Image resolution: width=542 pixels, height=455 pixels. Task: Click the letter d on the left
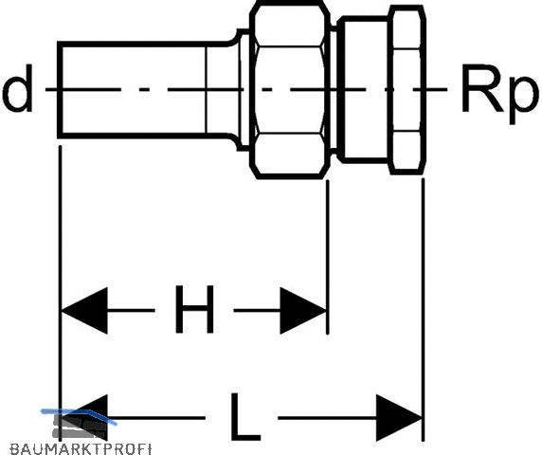pyautogui.click(x=17, y=88)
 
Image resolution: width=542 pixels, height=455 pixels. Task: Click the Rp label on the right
pyautogui.click(x=499, y=93)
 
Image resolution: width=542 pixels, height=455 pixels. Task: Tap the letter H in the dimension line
pyautogui.click(x=194, y=309)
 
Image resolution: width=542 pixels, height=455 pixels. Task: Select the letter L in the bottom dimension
pyautogui.click(x=244, y=417)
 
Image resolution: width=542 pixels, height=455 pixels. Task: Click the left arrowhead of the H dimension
pyautogui.click(x=84, y=311)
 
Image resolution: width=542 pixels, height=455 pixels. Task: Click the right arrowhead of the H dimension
pyautogui.click(x=303, y=311)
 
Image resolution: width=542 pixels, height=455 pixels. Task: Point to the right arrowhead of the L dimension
pyautogui.click(x=399, y=418)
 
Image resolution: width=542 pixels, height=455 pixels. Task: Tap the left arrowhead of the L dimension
pyautogui.click(x=84, y=418)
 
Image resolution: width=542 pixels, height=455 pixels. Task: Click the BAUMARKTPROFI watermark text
pyautogui.click(x=81, y=448)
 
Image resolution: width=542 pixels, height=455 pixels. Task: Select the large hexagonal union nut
pyautogui.click(x=290, y=89)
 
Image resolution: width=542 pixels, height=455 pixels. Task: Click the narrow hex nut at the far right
pyautogui.click(x=406, y=89)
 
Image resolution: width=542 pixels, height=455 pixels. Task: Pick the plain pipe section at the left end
pyautogui.click(x=133, y=90)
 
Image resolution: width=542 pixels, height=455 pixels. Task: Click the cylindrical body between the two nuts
pyautogui.click(x=364, y=89)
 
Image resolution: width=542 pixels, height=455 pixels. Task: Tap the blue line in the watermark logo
pyautogui.click(x=79, y=414)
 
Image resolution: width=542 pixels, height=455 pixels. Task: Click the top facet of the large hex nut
pyautogui.click(x=290, y=25)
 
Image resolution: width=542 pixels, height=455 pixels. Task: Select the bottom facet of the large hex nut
pyautogui.click(x=290, y=155)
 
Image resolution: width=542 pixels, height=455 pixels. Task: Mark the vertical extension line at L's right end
pyautogui.click(x=424, y=309)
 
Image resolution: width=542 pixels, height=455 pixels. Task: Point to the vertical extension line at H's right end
pyautogui.click(x=328, y=257)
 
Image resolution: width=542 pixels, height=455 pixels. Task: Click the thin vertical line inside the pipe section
pyautogui.click(x=206, y=90)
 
